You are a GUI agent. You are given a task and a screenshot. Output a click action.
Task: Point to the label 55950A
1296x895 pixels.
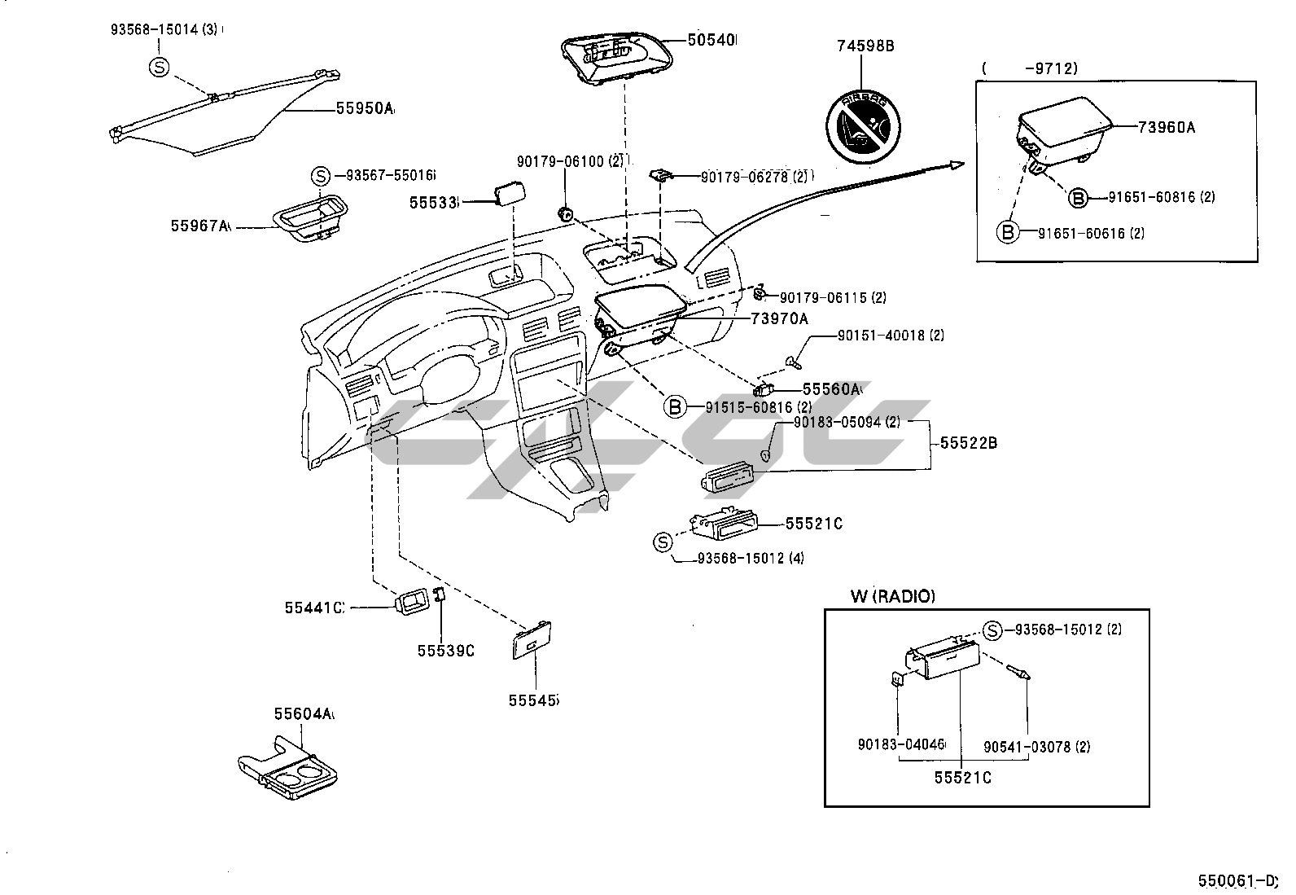(365, 108)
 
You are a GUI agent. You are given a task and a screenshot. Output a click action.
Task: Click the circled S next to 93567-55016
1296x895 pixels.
(322, 175)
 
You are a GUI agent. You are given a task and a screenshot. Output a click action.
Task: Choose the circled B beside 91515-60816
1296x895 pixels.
(675, 406)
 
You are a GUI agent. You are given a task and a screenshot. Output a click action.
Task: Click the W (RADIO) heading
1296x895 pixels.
(893, 596)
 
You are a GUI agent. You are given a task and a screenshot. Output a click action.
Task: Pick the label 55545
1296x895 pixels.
(534, 700)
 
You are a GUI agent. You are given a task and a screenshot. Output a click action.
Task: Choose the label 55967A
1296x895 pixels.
(200, 226)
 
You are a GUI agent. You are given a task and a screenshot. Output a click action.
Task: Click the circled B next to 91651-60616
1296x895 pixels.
(1008, 232)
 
